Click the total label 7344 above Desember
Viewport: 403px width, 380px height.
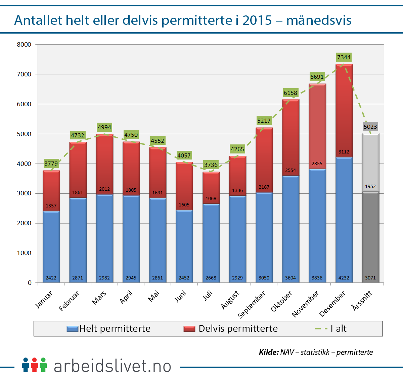click(x=344, y=57)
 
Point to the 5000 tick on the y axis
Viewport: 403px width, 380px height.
click(x=24, y=134)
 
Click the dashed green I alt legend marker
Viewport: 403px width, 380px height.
click(x=321, y=329)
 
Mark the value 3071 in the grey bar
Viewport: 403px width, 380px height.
click(x=370, y=278)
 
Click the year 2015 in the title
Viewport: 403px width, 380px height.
click(x=257, y=20)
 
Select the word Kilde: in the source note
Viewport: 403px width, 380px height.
click(x=269, y=352)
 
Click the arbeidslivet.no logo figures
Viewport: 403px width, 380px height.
click(x=34, y=365)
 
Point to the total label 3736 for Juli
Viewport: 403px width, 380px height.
click(x=211, y=165)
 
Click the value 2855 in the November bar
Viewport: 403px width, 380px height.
click(x=317, y=164)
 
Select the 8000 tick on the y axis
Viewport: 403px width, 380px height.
click(x=24, y=44)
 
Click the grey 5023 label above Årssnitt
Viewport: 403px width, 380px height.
click(x=370, y=127)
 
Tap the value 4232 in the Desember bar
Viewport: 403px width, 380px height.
click(x=344, y=278)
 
